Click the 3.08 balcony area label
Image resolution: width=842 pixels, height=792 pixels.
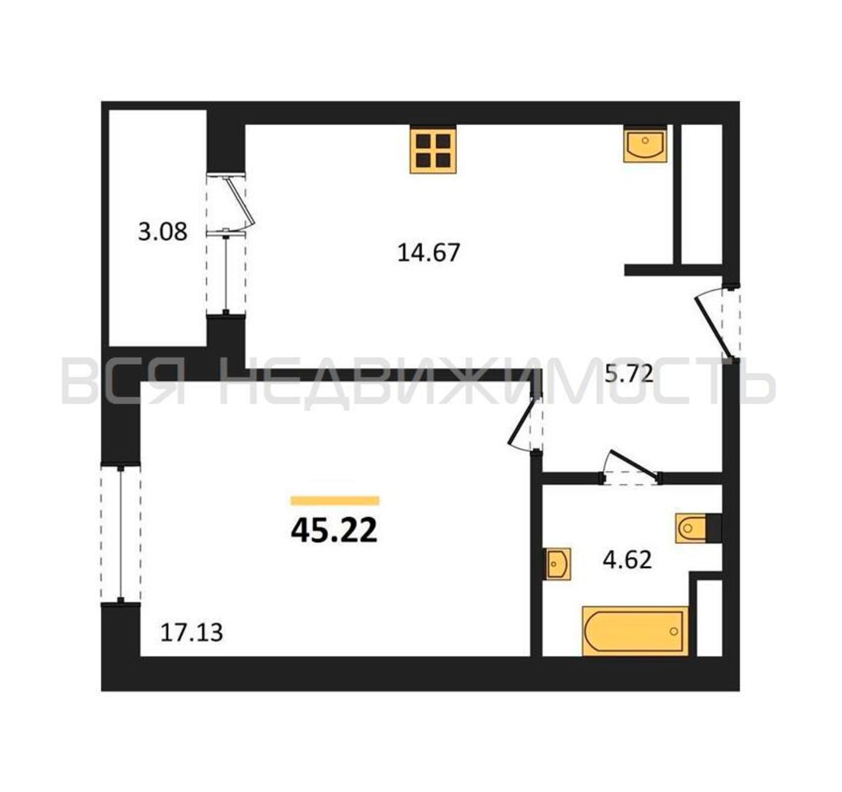(x=162, y=232)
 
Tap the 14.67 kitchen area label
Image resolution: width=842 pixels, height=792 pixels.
(x=429, y=253)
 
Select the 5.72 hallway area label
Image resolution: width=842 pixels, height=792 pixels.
(x=629, y=375)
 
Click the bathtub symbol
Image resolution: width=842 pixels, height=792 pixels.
(x=635, y=631)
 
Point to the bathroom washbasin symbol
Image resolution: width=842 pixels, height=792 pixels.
(x=558, y=564)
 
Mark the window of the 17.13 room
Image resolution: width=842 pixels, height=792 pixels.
(x=121, y=534)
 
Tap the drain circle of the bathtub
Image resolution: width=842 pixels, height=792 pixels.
(x=674, y=631)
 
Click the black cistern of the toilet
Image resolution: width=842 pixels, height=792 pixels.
(x=714, y=528)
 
